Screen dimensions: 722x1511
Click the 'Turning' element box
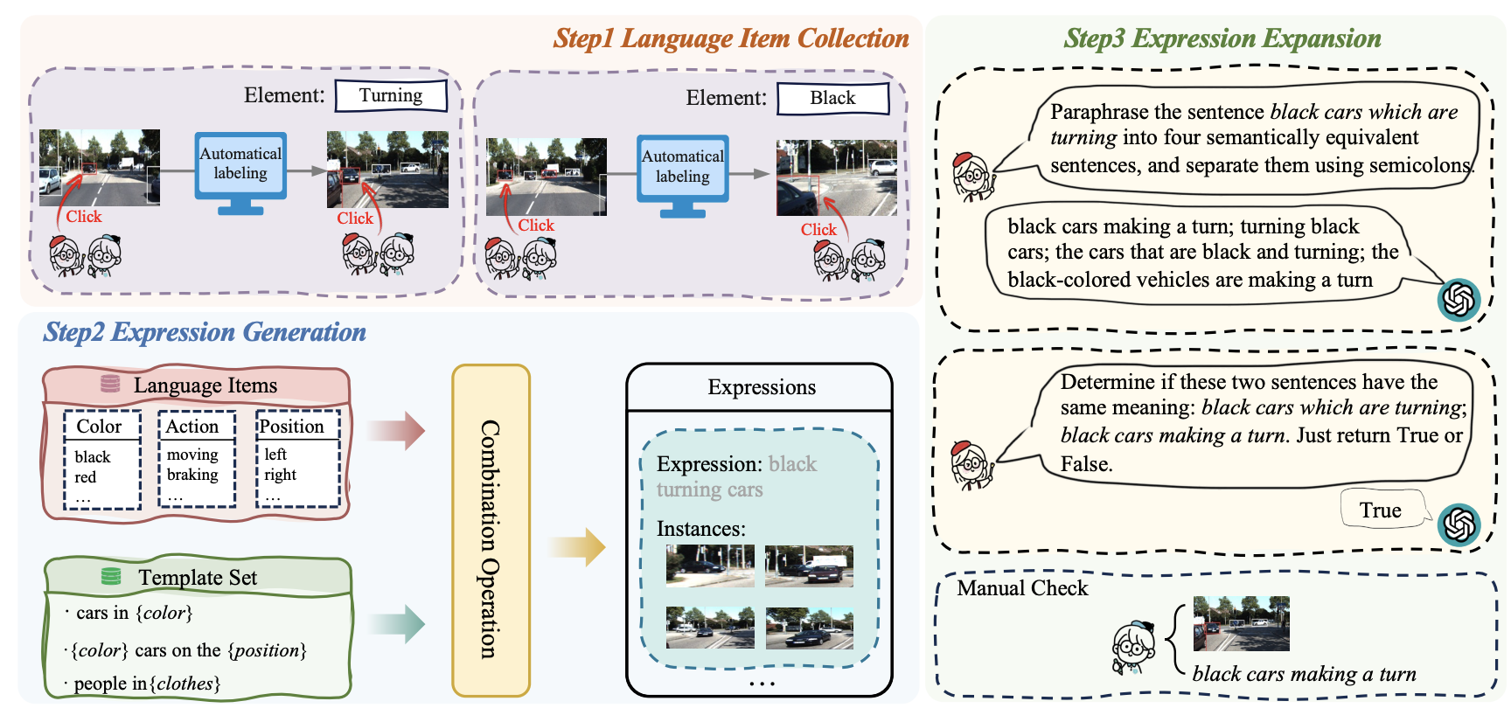pos(391,95)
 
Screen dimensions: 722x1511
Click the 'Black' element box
pos(832,98)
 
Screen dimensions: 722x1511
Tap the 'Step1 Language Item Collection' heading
pos(731,38)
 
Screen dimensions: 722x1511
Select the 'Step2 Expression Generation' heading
pos(205,332)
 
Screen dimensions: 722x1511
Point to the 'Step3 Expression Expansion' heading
pos(1222,38)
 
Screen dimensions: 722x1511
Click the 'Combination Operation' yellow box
pos(491,531)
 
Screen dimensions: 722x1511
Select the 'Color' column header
pos(100,427)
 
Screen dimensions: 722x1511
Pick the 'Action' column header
pos(192,427)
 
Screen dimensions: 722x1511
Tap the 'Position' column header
pos(292,427)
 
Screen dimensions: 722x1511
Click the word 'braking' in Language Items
pos(192,475)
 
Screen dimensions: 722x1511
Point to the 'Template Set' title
pos(198,578)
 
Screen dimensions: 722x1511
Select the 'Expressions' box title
pos(762,387)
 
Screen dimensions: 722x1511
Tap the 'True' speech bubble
pos(1381,510)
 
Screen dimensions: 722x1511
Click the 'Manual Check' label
pos(1022,588)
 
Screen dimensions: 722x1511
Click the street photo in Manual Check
pos(1241,623)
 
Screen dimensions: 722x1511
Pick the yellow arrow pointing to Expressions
pos(577,547)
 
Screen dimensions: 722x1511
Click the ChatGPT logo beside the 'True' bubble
pos(1459,525)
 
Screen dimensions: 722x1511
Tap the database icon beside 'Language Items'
pos(110,384)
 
